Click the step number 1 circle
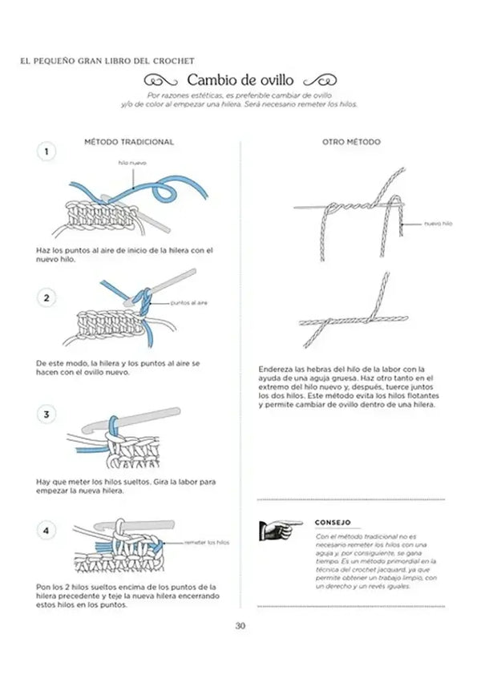pyautogui.click(x=47, y=152)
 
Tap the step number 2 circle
pyautogui.click(x=47, y=298)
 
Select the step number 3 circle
pyautogui.click(x=47, y=414)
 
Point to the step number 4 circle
pyautogui.click(x=47, y=531)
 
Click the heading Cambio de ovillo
pyautogui.click(x=240, y=80)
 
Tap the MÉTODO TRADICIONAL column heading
pyautogui.click(x=128, y=142)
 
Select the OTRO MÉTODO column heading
pyautogui.click(x=351, y=142)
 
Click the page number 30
pyautogui.click(x=240, y=626)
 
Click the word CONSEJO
pyautogui.click(x=333, y=522)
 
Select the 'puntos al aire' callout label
pyautogui.click(x=189, y=303)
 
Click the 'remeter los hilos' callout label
pyautogui.click(x=207, y=543)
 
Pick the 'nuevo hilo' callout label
pyautogui.click(x=438, y=224)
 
